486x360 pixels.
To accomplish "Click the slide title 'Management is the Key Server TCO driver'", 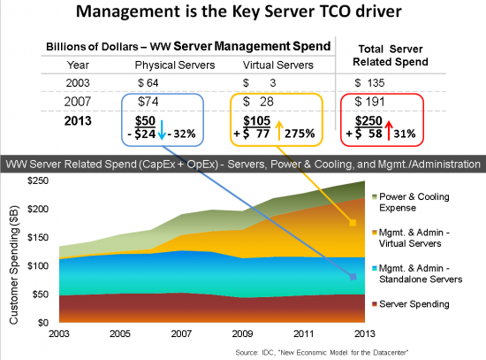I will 243,15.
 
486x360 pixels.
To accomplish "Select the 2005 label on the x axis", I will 122,334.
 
